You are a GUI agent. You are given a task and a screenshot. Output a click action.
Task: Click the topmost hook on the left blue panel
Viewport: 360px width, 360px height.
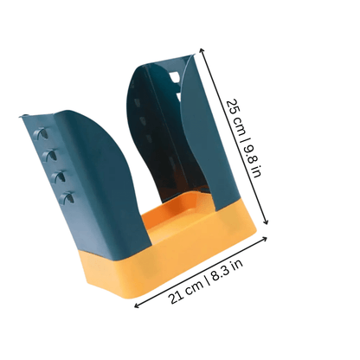[x=41, y=133]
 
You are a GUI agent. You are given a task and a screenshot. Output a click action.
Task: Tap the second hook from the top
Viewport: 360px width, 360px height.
[x=49, y=155]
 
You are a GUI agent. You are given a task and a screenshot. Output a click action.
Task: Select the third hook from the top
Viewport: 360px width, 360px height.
[x=59, y=177]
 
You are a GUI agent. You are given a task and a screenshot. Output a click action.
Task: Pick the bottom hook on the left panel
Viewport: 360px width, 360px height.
[x=67, y=197]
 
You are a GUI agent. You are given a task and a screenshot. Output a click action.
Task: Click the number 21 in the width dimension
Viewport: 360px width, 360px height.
[x=176, y=297]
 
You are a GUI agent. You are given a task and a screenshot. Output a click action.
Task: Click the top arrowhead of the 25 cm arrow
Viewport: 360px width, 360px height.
[x=202, y=50]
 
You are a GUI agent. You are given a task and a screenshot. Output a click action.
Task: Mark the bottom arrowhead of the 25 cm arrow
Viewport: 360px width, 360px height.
[x=266, y=222]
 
